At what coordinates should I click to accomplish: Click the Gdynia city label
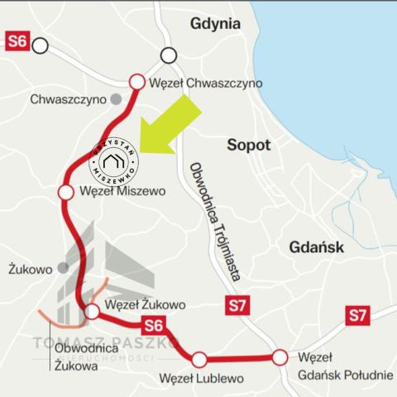(x=215, y=23)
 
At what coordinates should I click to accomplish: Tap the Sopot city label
(x=249, y=145)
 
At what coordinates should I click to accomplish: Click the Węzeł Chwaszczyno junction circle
(x=137, y=81)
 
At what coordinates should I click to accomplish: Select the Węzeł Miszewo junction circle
(x=66, y=192)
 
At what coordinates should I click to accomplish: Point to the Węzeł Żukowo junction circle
(x=93, y=311)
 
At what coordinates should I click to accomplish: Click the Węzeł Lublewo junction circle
(x=199, y=359)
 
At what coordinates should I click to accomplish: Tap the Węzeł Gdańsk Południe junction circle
(x=280, y=357)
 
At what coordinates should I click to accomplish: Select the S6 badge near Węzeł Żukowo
(x=154, y=325)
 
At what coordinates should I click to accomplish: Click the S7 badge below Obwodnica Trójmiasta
(x=237, y=306)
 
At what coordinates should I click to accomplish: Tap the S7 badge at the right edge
(x=357, y=314)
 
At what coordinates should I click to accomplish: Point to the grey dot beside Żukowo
(x=62, y=269)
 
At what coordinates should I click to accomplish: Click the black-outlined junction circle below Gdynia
(x=169, y=55)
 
